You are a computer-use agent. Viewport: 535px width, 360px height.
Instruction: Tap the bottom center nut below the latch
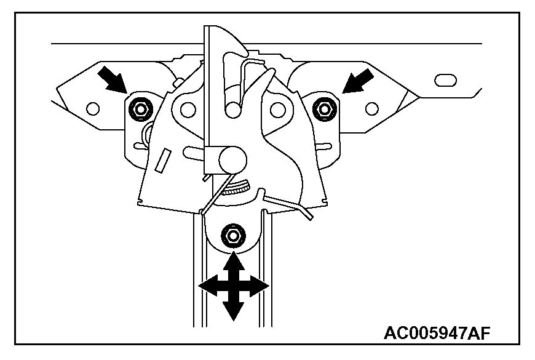(x=232, y=236)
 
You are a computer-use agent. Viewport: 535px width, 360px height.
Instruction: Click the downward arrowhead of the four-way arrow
(x=232, y=312)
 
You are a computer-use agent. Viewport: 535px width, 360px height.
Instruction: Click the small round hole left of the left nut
(x=93, y=109)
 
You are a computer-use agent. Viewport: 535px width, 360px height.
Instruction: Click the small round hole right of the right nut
(x=370, y=109)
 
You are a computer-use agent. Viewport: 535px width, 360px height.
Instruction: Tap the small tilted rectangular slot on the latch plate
(x=163, y=160)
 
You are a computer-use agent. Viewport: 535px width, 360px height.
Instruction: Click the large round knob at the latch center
(x=232, y=159)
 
